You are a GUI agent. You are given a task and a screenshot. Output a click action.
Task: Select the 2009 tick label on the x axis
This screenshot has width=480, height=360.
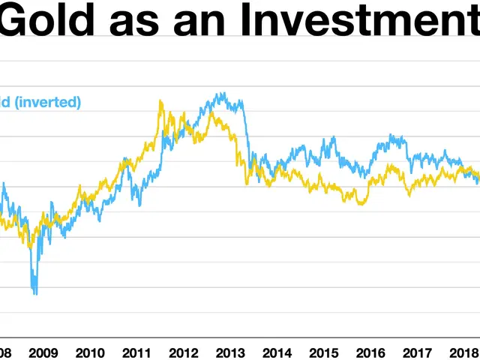pos(43,352)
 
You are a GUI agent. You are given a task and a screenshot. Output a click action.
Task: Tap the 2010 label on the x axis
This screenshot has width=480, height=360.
pos(90,352)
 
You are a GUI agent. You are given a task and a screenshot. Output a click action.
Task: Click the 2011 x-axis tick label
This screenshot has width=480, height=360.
pos(136,352)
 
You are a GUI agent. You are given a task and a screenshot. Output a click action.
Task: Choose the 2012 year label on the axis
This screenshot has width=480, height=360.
pos(183,352)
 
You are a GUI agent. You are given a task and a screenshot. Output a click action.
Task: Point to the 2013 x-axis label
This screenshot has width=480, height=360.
pos(230,352)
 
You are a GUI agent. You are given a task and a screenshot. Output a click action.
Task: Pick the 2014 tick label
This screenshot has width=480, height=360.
pos(277,352)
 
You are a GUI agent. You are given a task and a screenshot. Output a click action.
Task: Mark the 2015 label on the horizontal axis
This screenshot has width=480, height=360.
pos(323,352)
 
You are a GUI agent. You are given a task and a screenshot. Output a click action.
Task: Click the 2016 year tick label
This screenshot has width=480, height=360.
pos(370,352)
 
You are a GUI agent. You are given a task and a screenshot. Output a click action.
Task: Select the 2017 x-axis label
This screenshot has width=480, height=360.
pos(416,352)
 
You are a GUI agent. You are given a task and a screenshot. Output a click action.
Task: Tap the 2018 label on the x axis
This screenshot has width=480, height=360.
pos(463,352)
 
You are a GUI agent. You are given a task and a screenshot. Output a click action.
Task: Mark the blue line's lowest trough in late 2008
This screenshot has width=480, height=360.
pos(34,292)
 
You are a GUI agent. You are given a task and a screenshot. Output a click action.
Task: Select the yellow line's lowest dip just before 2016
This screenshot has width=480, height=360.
pos(361,203)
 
